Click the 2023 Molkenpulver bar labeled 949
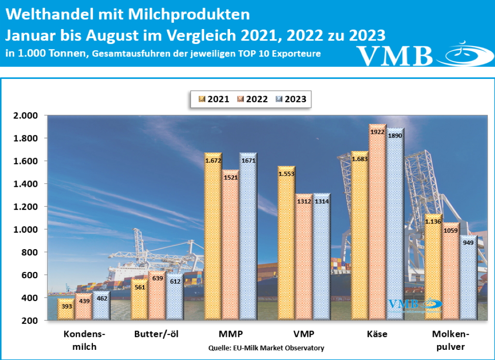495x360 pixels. [468, 281]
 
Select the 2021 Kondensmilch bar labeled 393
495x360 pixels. [66, 310]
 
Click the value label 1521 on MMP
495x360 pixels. [230, 178]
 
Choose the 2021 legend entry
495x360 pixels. [214, 99]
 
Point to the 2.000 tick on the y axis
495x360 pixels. [24, 116]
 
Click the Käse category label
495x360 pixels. [377, 334]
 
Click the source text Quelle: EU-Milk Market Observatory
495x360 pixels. [266, 348]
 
